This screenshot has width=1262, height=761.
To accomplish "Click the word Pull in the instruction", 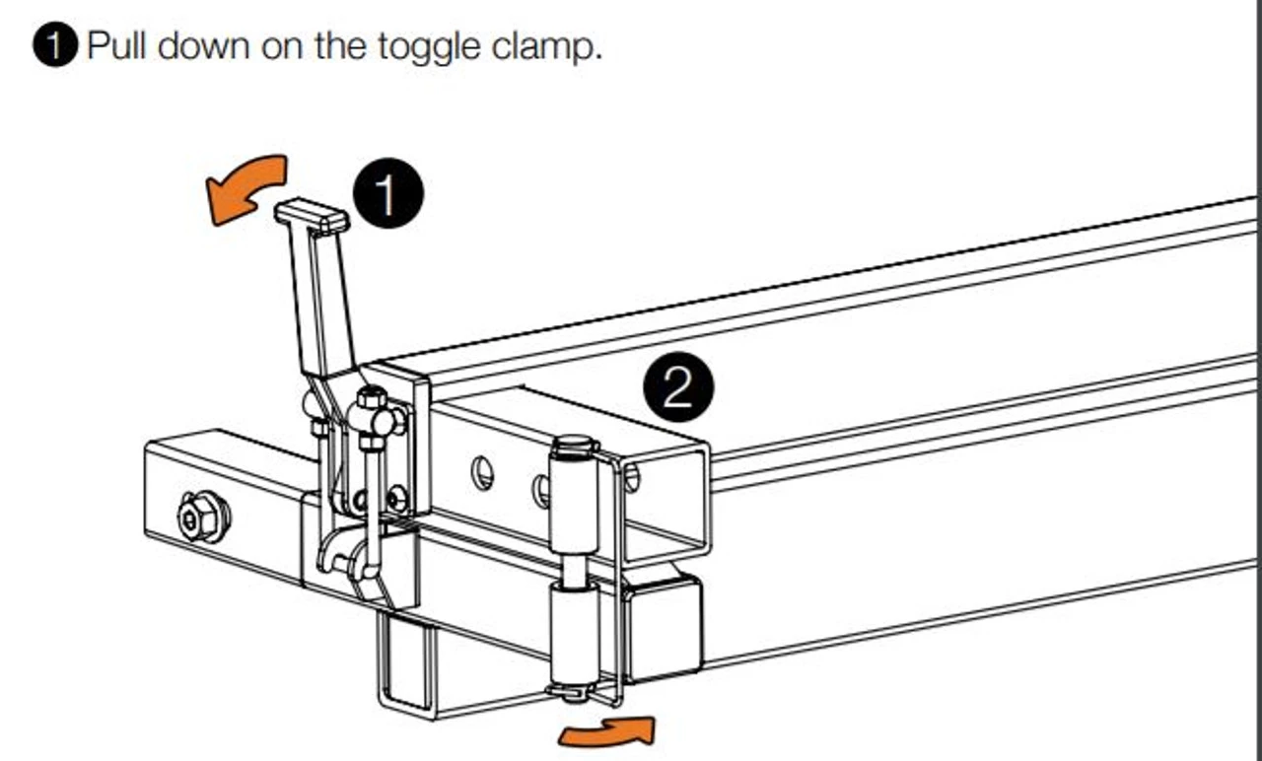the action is (x=116, y=45).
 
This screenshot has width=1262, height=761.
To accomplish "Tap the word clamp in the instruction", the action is (x=546, y=46).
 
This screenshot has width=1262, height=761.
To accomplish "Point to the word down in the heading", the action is (x=203, y=45).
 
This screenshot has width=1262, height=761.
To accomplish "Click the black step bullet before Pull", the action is (x=54, y=45).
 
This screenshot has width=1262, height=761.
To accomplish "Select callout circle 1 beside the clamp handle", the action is (x=388, y=192).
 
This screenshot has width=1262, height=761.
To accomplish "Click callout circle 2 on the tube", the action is (x=678, y=387).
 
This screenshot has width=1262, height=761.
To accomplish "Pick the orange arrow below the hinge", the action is (x=606, y=731).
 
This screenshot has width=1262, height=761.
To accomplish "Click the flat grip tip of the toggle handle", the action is (x=313, y=216).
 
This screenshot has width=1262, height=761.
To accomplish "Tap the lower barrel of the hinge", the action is (x=575, y=633).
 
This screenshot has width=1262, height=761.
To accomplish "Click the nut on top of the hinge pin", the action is (x=574, y=447).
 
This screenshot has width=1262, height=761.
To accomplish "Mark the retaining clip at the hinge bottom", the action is (x=573, y=692).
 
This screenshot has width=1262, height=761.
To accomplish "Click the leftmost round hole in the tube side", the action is (x=482, y=473).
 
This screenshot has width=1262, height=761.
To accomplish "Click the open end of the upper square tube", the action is (x=665, y=502).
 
